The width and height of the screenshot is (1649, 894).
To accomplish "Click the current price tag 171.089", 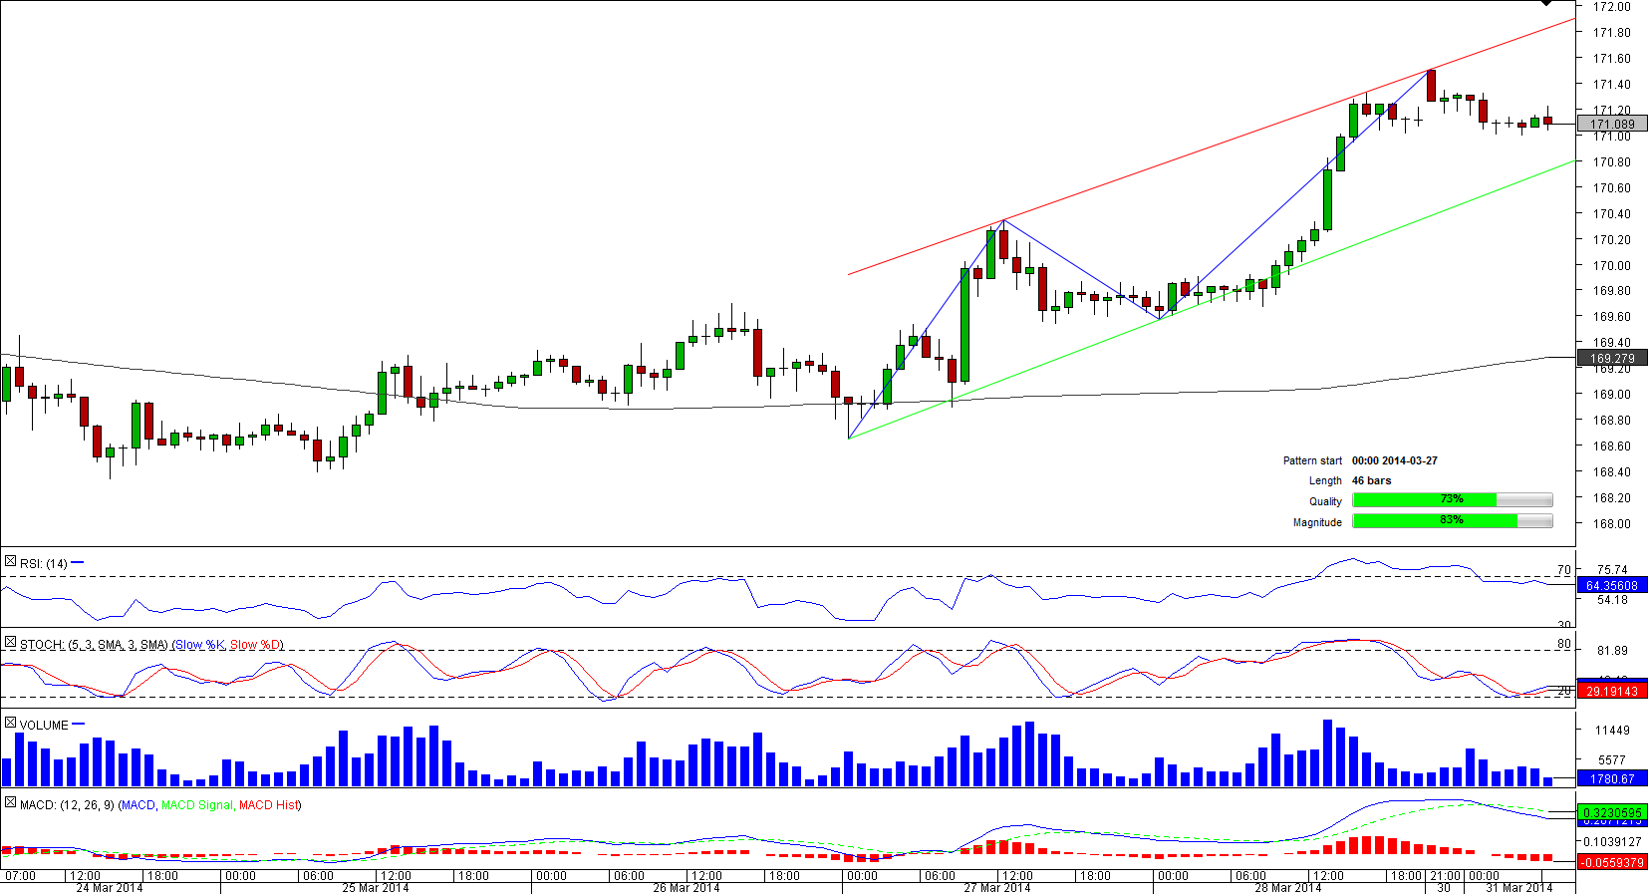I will tap(1612, 125).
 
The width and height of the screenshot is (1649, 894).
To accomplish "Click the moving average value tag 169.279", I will tap(1612, 358).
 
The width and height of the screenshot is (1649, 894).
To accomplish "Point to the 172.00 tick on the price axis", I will tap(1611, 7).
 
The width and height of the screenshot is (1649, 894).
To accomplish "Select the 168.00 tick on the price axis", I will tap(1611, 523).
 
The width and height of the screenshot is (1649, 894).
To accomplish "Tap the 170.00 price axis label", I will tap(1611, 265).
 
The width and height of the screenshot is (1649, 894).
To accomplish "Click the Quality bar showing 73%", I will tap(1452, 500).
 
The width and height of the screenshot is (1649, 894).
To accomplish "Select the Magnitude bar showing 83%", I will tap(1452, 521).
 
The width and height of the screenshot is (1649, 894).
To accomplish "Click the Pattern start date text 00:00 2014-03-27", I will tap(1394, 460).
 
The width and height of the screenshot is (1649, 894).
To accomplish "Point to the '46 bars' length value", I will tap(1371, 480).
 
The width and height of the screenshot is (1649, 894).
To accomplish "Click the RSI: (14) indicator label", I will tap(44, 564).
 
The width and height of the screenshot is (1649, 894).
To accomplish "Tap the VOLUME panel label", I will tap(44, 726).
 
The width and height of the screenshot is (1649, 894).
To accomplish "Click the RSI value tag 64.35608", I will tap(1611, 586).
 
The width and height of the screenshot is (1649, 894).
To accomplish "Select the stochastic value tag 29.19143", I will tap(1611, 691).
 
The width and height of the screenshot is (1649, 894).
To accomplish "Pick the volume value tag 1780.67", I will tap(1611, 778).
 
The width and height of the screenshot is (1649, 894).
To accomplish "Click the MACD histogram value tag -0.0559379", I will tap(1611, 862).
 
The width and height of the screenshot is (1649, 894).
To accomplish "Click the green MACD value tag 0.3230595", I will tap(1611, 813).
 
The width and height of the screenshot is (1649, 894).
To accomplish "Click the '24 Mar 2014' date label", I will tap(110, 887).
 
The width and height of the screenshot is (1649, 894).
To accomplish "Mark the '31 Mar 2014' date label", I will tap(1518, 887).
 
